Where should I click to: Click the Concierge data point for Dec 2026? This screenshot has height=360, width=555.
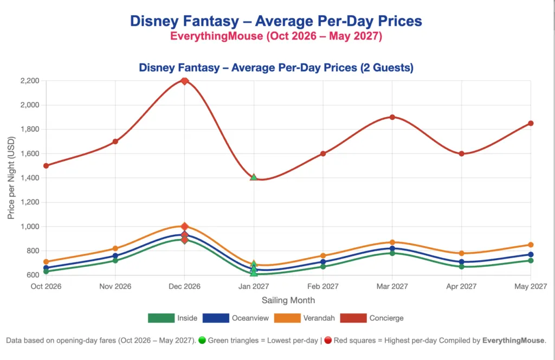coord(184,81)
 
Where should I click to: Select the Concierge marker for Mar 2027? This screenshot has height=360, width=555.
coord(392,117)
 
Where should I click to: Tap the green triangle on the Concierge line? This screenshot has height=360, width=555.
coord(254,177)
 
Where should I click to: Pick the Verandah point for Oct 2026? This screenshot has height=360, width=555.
coord(46,262)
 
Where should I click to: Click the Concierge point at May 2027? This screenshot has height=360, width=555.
coord(531,123)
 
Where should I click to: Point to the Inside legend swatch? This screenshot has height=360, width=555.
coord(160,318)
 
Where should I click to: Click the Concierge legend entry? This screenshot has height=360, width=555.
coord(386,318)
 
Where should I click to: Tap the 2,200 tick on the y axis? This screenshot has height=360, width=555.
coord(29,81)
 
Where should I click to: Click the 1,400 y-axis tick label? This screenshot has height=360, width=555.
coord(29,178)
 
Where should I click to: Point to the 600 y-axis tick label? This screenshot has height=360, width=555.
coord(33,275)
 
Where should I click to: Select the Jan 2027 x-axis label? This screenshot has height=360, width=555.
coord(254,286)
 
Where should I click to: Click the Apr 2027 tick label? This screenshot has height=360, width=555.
coord(461,286)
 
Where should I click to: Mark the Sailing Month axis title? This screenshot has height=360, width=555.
coord(288,300)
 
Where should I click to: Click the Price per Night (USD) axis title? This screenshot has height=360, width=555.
coord(11,177)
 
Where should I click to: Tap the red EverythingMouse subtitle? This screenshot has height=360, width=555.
coord(277,36)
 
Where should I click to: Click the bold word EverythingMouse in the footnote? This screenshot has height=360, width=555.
coord(513,340)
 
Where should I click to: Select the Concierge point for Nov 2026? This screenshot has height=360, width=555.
coord(115,142)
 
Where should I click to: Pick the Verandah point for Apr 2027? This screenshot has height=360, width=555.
coord(461,253)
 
